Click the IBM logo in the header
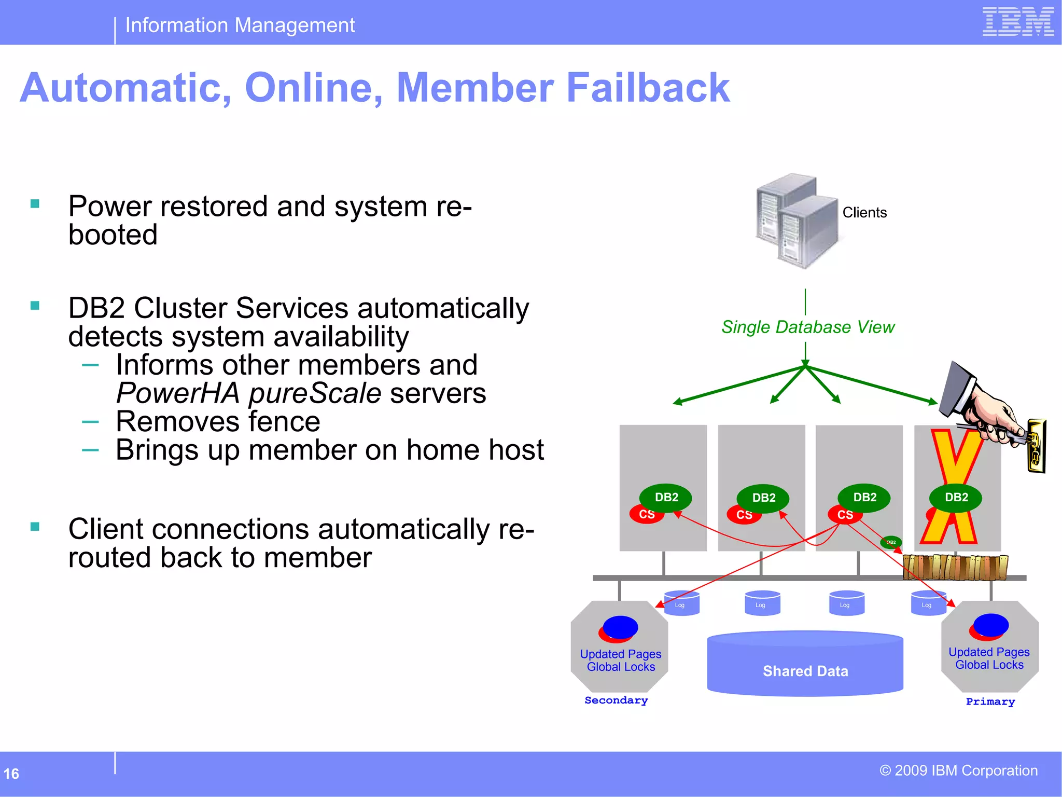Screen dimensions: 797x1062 click(1018, 22)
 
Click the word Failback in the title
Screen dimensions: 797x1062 click(648, 88)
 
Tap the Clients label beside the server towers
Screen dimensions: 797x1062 click(864, 213)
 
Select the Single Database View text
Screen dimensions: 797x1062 click(807, 327)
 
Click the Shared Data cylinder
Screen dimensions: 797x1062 click(805, 665)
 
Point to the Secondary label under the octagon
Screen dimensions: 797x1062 click(616, 700)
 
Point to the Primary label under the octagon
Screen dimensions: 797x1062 click(990, 702)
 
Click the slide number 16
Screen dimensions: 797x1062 click(11, 774)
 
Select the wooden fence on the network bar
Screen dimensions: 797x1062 click(955, 567)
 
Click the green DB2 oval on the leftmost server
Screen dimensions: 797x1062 click(666, 497)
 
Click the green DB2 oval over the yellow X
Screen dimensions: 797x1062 click(956, 497)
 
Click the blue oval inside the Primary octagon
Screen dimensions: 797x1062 click(991, 625)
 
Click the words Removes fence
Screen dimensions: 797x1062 click(218, 421)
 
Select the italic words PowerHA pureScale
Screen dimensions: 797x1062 click(249, 393)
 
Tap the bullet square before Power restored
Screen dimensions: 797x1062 click(35, 204)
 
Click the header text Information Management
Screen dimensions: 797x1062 click(240, 25)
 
